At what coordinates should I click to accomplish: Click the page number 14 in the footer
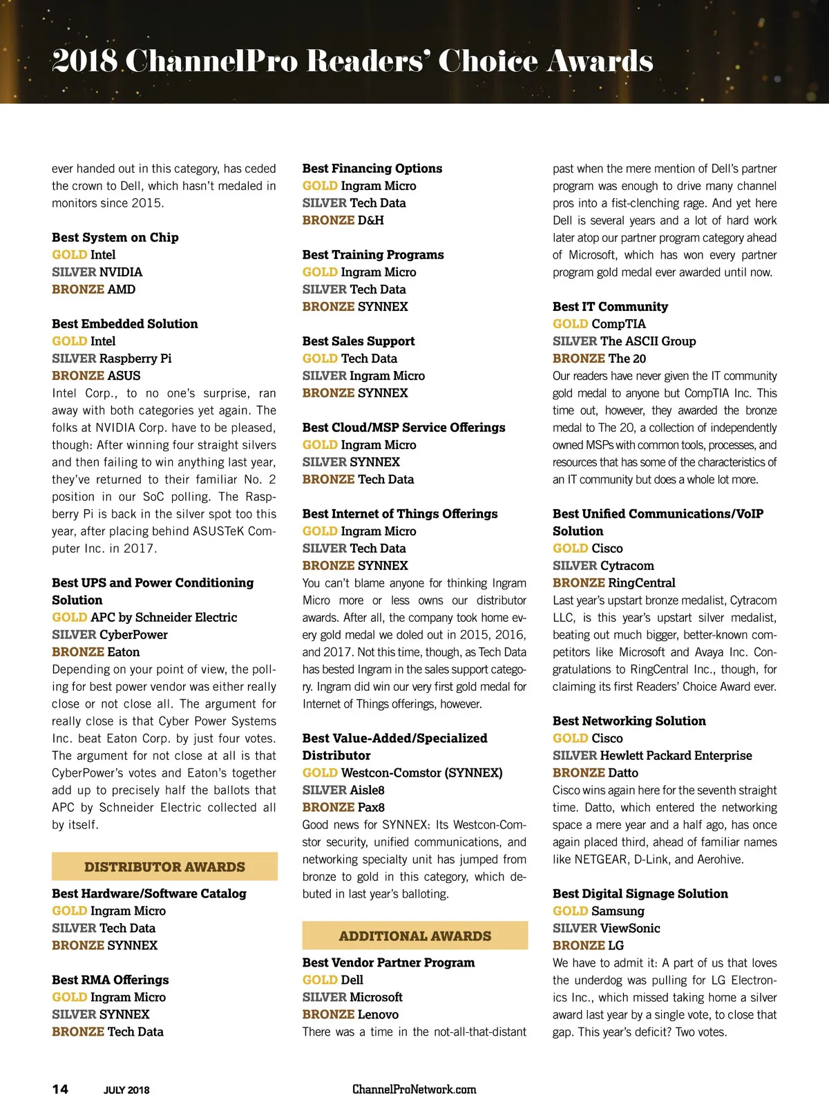[x=60, y=1089]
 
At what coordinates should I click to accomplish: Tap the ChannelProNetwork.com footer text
[x=414, y=1090]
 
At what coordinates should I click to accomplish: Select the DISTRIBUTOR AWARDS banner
[x=164, y=866]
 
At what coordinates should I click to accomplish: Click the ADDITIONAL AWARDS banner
[x=414, y=936]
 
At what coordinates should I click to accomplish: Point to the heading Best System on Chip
[x=115, y=238]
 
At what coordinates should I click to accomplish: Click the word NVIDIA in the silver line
[x=121, y=272]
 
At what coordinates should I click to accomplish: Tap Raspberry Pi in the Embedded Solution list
[x=135, y=359]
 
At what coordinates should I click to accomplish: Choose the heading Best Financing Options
[x=372, y=169]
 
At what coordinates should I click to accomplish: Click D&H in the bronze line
[x=370, y=220]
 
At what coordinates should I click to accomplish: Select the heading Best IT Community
[x=610, y=307]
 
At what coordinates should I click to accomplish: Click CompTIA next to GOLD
[x=618, y=324]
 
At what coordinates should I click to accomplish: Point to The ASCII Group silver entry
[x=648, y=341]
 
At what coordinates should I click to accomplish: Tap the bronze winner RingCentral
[x=642, y=583]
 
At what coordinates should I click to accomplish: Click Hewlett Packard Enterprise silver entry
[x=676, y=756]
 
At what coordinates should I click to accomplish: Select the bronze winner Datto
[x=623, y=773]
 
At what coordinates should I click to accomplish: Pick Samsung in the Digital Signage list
[x=618, y=911]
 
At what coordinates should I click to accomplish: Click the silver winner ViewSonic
[x=630, y=929]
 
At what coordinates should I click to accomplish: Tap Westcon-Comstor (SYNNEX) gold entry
[x=421, y=773]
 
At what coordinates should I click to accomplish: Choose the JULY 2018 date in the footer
[x=126, y=1090]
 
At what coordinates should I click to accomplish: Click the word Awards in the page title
[x=600, y=61]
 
